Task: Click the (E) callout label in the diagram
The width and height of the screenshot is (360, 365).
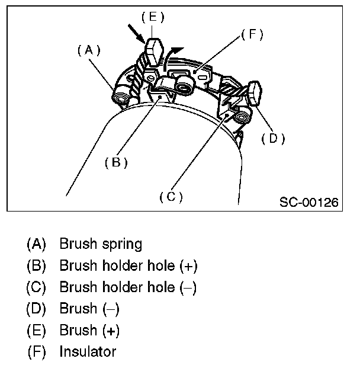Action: [x=152, y=17]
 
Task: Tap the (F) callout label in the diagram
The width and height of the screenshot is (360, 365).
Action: [x=252, y=35]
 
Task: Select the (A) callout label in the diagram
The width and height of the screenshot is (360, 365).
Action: [x=89, y=51]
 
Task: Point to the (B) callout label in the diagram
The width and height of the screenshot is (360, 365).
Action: [x=117, y=162]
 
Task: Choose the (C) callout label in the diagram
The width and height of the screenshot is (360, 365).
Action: [x=171, y=196]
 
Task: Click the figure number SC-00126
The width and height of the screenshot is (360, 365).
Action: [x=308, y=203]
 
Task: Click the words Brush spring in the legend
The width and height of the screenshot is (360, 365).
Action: [x=101, y=244]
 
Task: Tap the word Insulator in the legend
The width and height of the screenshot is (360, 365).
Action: [x=88, y=351]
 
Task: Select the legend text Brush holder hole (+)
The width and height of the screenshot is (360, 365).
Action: [x=128, y=265]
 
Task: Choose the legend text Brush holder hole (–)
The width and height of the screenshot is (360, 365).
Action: [x=128, y=287]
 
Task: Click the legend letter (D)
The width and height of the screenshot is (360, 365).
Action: [x=36, y=309]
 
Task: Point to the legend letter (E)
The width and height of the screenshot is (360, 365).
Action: [x=36, y=330]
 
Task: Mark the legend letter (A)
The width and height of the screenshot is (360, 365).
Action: [x=36, y=244]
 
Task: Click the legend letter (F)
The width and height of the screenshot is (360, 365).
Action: [x=36, y=351]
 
